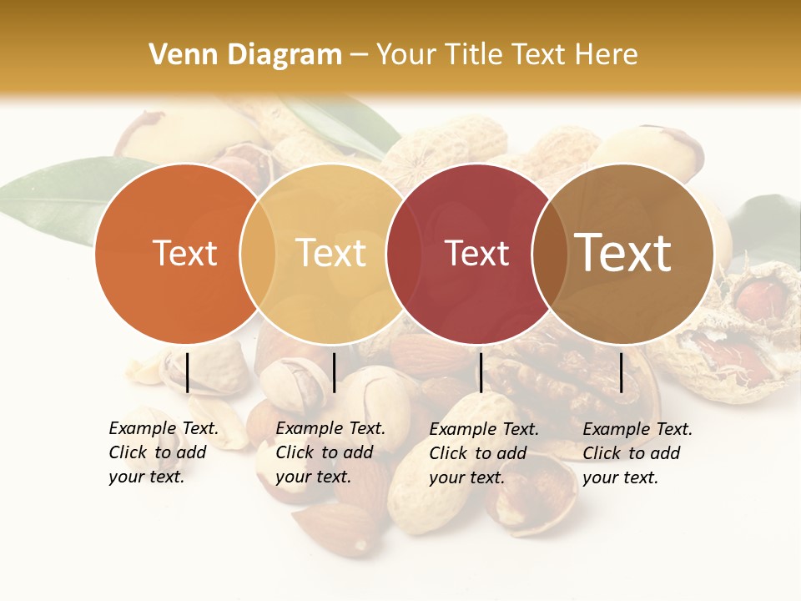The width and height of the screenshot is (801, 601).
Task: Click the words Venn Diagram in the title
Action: pos(245,55)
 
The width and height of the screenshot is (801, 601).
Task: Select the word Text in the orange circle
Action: pos(184,253)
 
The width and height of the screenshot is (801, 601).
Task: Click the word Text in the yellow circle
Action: pos(330,253)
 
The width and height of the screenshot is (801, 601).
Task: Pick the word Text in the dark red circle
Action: pos(476,253)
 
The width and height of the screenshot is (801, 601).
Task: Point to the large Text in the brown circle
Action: pos(623,253)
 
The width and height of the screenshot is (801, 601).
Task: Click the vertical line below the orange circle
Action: pos(188,372)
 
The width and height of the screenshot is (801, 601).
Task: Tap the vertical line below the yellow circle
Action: pos(334,372)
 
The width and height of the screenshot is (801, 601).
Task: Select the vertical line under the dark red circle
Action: pos(481,372)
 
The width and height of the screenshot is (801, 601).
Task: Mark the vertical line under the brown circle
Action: pos(622,372)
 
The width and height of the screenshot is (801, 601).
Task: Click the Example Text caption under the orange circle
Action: pos(163,452)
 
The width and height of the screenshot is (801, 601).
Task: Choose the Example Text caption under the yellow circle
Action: pos(330,452)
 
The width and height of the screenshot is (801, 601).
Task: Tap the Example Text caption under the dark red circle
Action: pos(483,453)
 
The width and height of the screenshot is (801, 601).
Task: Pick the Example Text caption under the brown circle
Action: pos(637,453)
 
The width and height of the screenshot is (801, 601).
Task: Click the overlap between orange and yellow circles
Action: pos(258,253)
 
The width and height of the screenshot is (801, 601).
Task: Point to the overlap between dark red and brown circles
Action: pos(550,253)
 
